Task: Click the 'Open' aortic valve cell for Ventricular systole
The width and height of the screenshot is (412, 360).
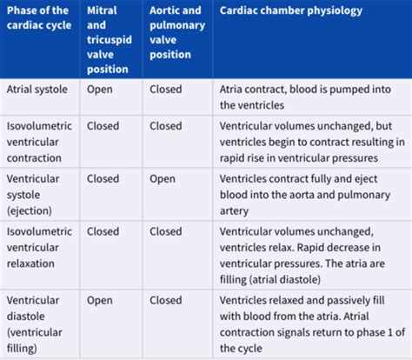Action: pos(163,179)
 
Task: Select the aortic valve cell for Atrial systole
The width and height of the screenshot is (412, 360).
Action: pos(166,89)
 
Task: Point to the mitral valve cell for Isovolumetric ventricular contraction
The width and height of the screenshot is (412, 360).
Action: pos(103,125)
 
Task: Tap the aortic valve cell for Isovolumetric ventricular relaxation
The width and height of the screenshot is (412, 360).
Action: pos(166,232)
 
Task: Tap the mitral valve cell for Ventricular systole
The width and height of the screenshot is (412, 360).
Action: pos(103,179)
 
